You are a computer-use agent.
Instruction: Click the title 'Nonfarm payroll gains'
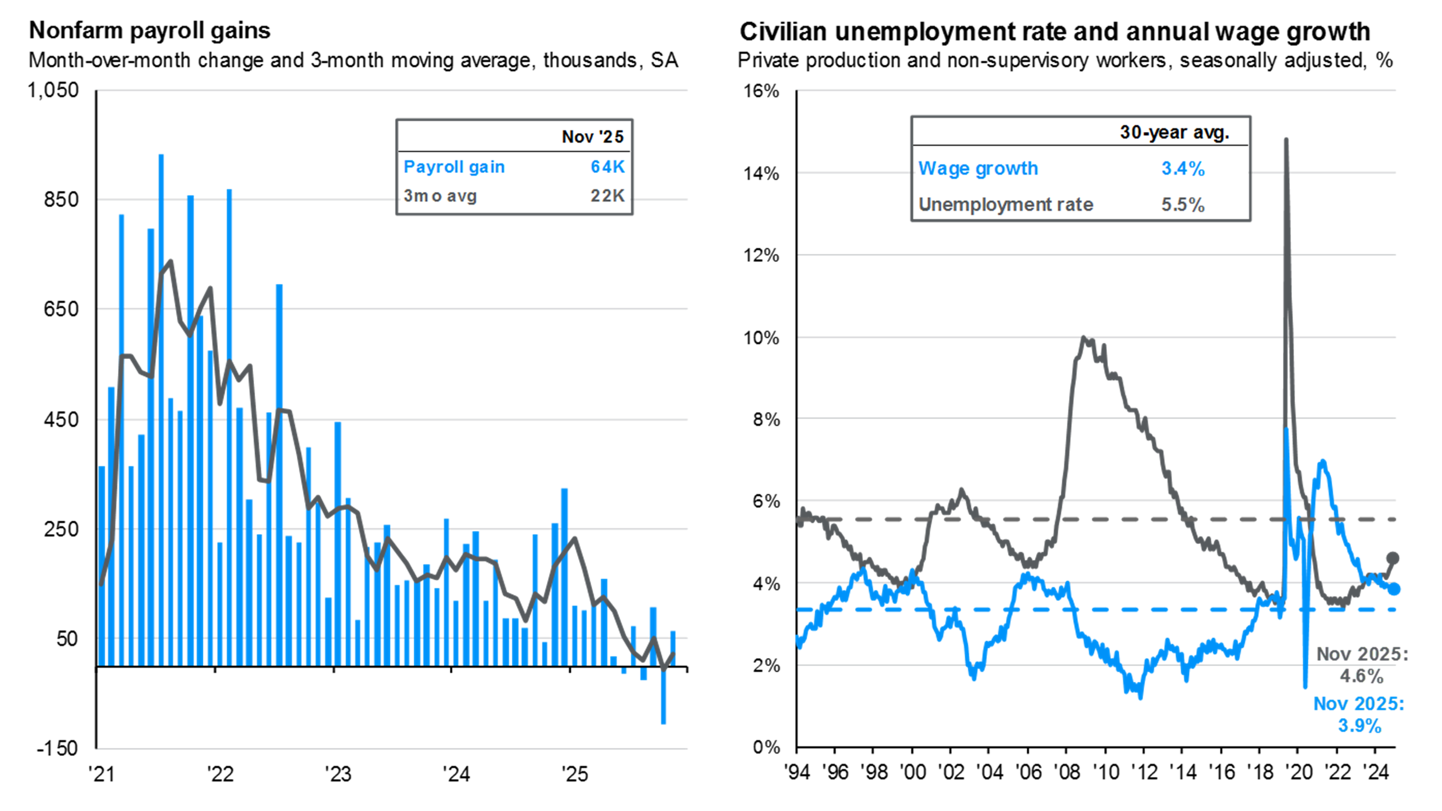(x=149, y=31)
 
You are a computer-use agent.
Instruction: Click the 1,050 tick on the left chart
(x=53, y=90)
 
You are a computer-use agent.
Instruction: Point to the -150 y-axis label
(x=57, y=748)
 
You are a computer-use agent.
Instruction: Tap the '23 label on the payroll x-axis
(x=337, y=774)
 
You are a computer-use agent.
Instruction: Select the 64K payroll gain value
(x=607, y=167)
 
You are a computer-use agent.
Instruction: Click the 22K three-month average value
(x=607, y=196)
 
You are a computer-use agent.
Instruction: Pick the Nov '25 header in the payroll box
(x=592, y=137)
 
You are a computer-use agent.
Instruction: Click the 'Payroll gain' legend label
(x=454, y=167)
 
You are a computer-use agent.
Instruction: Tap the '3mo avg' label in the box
(x=440, y=196)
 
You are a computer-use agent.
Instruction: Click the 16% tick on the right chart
(x=761, y=91)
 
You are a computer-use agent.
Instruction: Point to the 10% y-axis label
(x=761, y=338)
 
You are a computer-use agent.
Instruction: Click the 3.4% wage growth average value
(x=1183, y=169)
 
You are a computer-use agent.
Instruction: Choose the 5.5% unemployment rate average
(x=1183, y=204)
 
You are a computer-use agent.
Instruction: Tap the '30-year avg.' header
(x=1174, y=132)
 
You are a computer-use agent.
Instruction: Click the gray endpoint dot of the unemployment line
(x=1393, y=558)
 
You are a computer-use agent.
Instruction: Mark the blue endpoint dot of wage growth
(x=1394, y=589)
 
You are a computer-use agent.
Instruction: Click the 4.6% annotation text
(x=1361, y=676)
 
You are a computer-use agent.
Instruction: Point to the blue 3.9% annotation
(x=1359, y=726)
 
